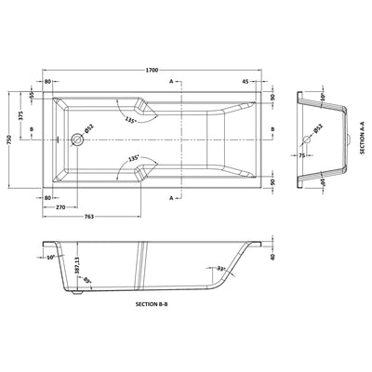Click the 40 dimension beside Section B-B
[x=273, y=258]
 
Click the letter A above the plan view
[x=173, y=83]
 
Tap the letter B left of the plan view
[x=33, y=129]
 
